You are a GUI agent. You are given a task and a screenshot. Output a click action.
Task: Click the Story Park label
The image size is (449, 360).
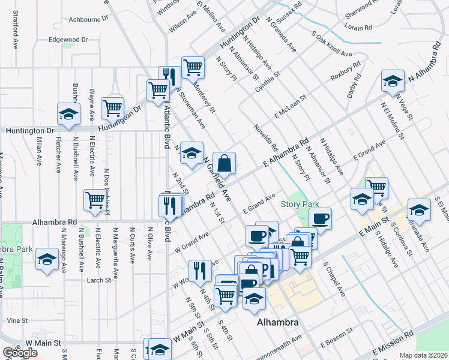pos(300,204)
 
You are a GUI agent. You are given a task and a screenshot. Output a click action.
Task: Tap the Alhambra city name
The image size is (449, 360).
pos(278,323)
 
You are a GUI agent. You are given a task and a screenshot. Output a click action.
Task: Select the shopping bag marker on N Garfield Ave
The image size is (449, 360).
pos(224,163)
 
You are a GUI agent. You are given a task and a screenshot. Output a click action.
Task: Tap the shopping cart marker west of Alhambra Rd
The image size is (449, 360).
pos(95,201)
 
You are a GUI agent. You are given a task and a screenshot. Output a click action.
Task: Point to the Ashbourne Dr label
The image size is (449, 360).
pos(84,19)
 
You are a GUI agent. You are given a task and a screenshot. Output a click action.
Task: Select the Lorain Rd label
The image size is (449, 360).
pos(358,28)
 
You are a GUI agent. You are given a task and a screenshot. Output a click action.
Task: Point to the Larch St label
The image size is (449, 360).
pos(99,280)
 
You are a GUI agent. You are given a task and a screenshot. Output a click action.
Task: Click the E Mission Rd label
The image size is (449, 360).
pos(393,343)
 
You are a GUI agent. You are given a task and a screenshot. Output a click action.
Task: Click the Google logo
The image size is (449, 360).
pos(20,353)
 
